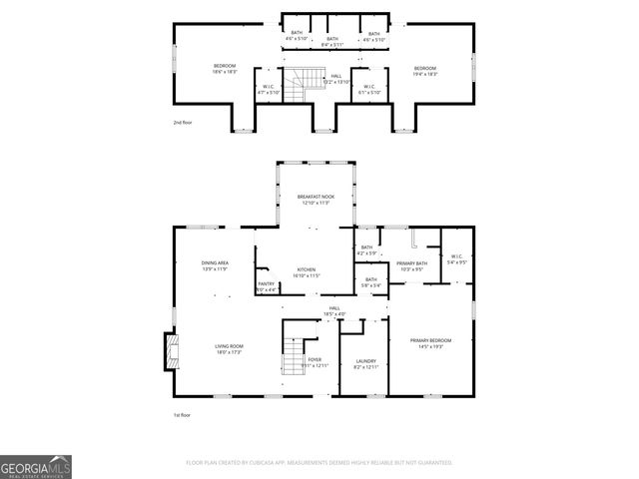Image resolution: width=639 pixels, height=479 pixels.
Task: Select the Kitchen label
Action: [306, 271]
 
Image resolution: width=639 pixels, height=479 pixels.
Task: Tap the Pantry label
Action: [267, 286]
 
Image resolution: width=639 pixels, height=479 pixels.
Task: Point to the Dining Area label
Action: [215, 265]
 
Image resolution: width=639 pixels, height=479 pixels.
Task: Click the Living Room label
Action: [229, 349]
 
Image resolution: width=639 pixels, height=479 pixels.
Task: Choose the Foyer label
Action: [315, 362]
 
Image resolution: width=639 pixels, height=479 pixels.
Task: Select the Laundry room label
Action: [365, 364]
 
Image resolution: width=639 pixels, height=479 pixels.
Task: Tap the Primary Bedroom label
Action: [430, 343]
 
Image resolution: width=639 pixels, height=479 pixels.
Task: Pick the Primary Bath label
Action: [411, 265]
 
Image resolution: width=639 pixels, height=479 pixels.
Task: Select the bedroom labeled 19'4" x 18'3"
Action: [426, 70]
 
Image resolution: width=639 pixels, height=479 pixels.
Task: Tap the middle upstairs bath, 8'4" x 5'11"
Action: [332, 42]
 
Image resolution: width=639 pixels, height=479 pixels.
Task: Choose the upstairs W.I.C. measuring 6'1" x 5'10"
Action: [368, 89]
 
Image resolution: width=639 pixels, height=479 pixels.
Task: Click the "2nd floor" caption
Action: [184, 123]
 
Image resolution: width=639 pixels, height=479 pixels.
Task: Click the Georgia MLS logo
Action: [36, 467]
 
